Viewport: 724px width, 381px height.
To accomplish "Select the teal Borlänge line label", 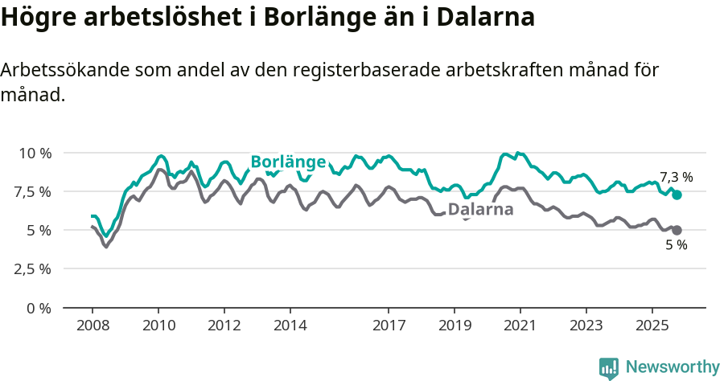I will (288, 162).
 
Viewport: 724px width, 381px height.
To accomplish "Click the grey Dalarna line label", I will (480, 210).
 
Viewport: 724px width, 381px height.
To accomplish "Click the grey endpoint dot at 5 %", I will (677, 231).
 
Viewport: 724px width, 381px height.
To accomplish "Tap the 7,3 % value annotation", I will (676, 177).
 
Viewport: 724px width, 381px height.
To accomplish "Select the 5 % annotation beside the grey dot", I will (677, 245).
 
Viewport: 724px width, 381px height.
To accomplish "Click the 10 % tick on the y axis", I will (35, 153).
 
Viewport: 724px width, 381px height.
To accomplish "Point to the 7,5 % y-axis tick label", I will (32, 191).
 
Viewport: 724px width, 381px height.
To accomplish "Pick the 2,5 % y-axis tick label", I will (32, 268).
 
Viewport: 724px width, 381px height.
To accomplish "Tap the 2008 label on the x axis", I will (93, 326).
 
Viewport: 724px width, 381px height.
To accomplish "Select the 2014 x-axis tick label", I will (290, 326).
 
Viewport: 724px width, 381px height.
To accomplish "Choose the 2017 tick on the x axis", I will (389, 326).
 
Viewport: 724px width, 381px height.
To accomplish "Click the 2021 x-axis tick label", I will (520, 326).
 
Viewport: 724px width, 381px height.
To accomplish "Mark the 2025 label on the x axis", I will (652, 326).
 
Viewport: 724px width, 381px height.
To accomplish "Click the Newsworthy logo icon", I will (609, 368).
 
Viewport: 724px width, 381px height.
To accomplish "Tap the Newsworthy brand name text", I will (673, 367).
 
